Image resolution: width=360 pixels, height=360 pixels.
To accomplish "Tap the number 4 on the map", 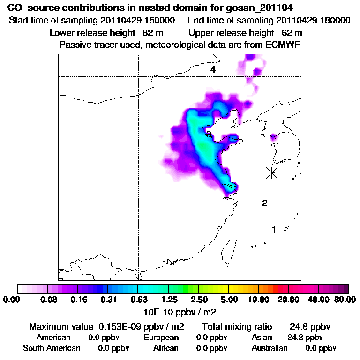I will coord(213,70).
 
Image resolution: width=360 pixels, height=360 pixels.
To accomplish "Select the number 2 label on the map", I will coord(265,203).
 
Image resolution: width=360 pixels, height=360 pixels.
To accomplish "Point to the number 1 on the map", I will coord(274,230).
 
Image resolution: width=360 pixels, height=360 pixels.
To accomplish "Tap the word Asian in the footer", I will coord(262,337).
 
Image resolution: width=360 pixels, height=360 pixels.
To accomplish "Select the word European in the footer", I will coord(161,337).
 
